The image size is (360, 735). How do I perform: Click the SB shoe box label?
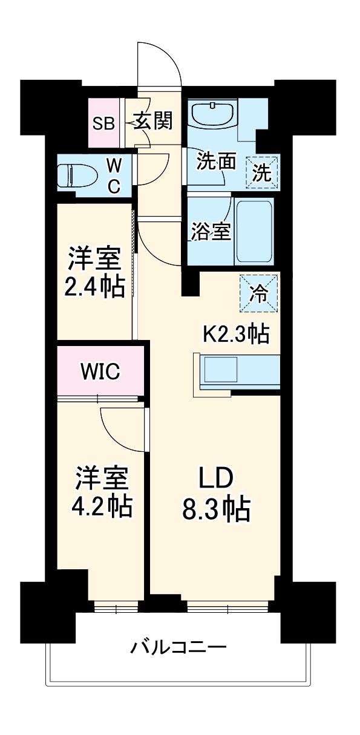coord(103,123)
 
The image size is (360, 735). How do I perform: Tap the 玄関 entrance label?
coord(153,122)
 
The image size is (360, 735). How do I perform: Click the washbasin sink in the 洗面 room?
coord(212,113)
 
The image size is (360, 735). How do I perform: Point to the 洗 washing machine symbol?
coord(262,172)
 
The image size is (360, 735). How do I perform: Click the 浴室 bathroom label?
coord(211,232)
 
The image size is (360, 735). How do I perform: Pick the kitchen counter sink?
coord(220,369)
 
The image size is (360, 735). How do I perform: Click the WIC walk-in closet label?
coord(100,370)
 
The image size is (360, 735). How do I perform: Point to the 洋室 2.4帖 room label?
coord(95,272)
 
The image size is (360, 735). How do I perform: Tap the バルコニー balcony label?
coord(179,648)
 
